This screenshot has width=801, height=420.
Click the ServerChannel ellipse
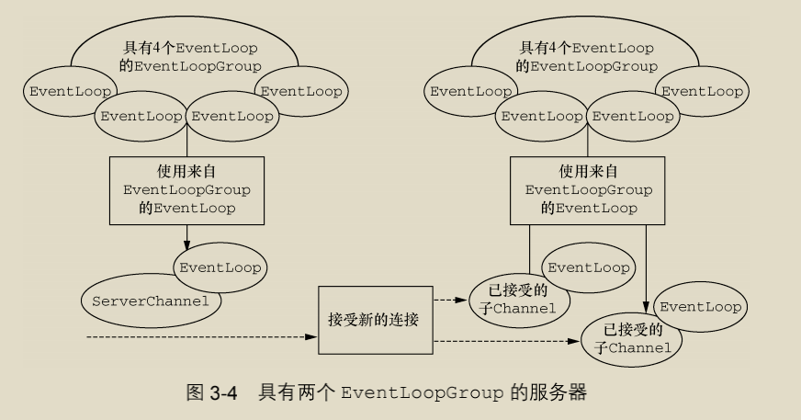pyautogui.click(x=138, y=301)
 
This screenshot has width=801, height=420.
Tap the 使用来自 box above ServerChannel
pyautogui.click(x=186, y=190)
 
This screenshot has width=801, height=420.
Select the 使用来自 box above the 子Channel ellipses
pyautogui.click(x=588, y=190)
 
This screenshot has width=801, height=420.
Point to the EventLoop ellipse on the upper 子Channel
pyautogui.click(x=588, y=267)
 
